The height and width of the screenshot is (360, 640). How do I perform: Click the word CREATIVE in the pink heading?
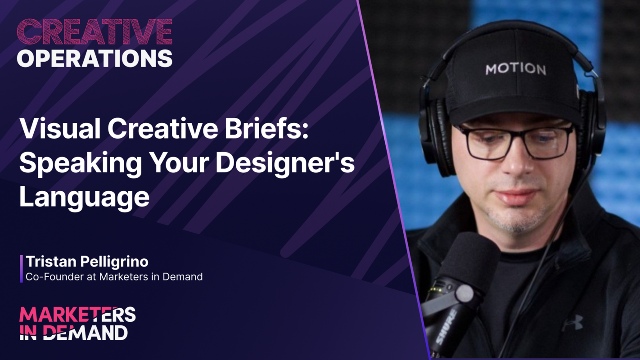click(95, 32)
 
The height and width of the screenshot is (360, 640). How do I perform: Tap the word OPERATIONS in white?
click(95, 58)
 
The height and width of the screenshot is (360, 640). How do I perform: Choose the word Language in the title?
click(84, 197)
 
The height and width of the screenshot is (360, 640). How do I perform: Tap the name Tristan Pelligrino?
click(87, 261)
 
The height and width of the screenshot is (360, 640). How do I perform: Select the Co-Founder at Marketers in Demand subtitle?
click(114, 277)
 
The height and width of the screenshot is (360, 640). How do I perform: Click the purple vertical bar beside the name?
click(21, 269)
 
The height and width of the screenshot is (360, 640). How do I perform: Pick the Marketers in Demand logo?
click(77, 323)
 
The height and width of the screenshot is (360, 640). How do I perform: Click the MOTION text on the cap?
click(516, 69)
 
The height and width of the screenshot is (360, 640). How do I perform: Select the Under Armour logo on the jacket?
click(572, 322)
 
